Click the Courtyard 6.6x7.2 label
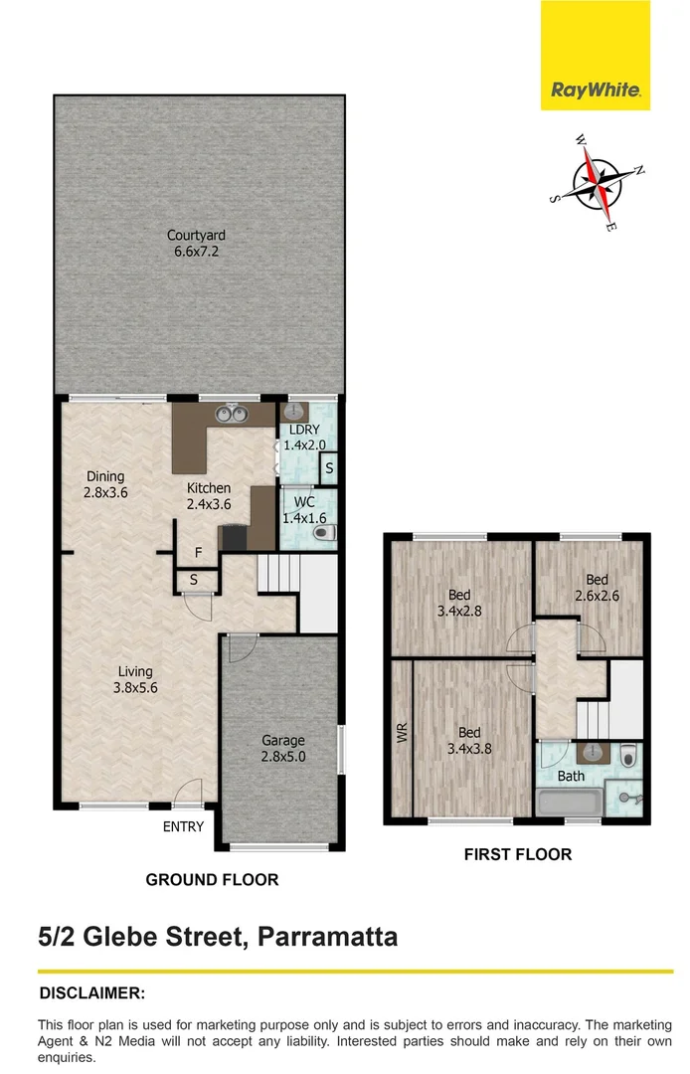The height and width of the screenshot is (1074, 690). click(x=196, y=244)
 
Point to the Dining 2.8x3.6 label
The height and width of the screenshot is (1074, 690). click(x=105, y=484)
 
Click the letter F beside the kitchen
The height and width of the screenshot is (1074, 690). click(x=199, y=552)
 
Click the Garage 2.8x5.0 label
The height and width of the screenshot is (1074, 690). click(x=282, y=748)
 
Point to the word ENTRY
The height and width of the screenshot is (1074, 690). click(x=183, y=826)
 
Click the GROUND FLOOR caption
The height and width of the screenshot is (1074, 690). click(x=212, y=879)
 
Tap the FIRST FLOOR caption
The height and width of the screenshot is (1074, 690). click(x=517, y=853)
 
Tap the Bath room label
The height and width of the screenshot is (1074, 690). click(x=571, y=776)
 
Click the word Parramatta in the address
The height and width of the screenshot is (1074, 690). click(x=327, y=937)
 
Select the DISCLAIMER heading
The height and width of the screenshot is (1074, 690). click(x=91, y=992)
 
